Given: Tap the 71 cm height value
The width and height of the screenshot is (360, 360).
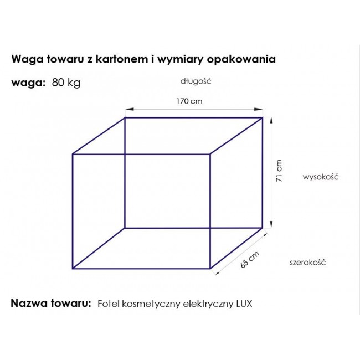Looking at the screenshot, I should tap(280, 171).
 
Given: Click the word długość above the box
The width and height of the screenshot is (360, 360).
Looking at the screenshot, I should tap(196, 80).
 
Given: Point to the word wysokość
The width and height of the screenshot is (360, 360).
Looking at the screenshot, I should tap(320, 177).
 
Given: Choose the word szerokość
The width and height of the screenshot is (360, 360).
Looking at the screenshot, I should tap(307, 262).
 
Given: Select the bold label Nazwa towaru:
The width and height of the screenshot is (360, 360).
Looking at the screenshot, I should tap(50, 304).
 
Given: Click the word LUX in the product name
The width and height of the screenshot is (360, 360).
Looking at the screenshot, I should tap(244, 304).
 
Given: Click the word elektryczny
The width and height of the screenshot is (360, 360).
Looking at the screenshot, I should tap(207, 304).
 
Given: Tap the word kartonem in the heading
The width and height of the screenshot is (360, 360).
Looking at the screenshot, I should tap(124, 59).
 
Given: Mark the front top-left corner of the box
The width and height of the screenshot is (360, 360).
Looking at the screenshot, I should tap(73, 154).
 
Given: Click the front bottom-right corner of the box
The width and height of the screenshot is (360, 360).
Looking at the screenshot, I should tap(210, 269).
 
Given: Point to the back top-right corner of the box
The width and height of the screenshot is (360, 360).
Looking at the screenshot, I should tap(263, 117).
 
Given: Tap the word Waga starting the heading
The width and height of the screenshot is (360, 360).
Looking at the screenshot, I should tap(24, 59).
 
